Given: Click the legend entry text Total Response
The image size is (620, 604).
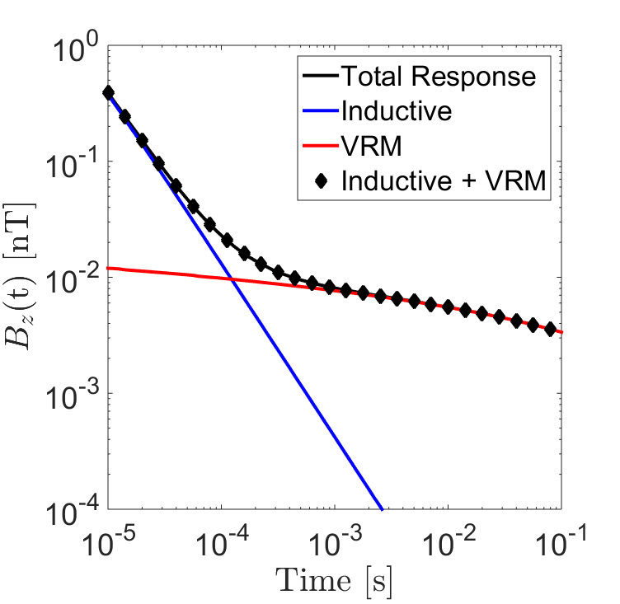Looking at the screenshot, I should tap(438, 77).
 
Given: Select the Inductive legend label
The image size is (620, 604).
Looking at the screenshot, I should tap(396, 111).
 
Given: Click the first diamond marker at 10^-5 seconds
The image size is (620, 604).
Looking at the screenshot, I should tap(108, 93).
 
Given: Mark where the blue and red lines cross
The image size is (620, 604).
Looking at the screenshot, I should tap(233, 280).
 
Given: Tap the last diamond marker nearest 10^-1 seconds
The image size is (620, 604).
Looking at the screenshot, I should tap(551, 328).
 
